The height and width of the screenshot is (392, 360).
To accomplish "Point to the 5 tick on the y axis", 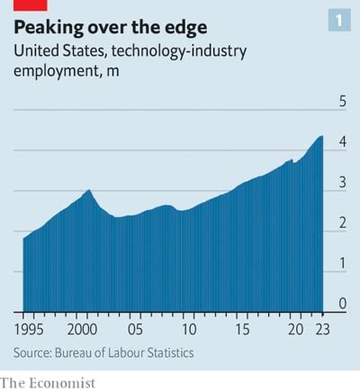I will pos(342,102).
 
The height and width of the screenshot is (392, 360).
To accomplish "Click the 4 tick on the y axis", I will pos(342,142).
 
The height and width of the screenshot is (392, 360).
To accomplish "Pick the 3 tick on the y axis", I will pos(342,183).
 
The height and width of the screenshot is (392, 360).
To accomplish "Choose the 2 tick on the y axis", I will pos(342,223).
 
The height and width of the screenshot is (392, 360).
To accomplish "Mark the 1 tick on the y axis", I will pos(342,264).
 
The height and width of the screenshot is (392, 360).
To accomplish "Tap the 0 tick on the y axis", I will pos(342,304).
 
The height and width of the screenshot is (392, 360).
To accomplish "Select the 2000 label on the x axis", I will pos(83,329).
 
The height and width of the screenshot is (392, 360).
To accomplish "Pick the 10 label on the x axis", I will pos(187,329).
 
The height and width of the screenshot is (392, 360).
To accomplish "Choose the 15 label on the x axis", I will pos(240,329).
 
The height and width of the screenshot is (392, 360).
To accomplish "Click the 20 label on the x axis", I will pos(294,329).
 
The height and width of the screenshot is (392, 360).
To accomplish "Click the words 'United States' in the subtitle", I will pos(54,52).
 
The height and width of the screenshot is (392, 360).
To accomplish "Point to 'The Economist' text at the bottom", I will pos(48,383).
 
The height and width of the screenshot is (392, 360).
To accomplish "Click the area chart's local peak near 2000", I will pos(88,191).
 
